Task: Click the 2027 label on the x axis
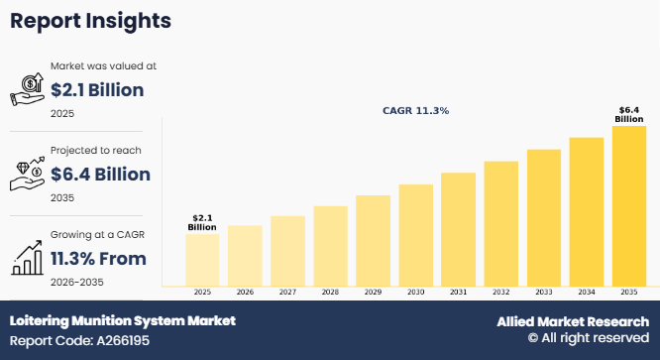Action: click(287, 293)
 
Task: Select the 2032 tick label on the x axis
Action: click(500, 293)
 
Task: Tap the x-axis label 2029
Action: click(373, 293)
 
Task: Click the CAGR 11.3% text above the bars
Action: click(415, 111)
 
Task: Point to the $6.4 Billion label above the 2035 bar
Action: click(628, 114)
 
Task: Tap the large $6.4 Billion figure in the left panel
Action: click(100, 175)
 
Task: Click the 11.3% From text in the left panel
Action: click(97, 259)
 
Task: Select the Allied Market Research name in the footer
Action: click(572, 322)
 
